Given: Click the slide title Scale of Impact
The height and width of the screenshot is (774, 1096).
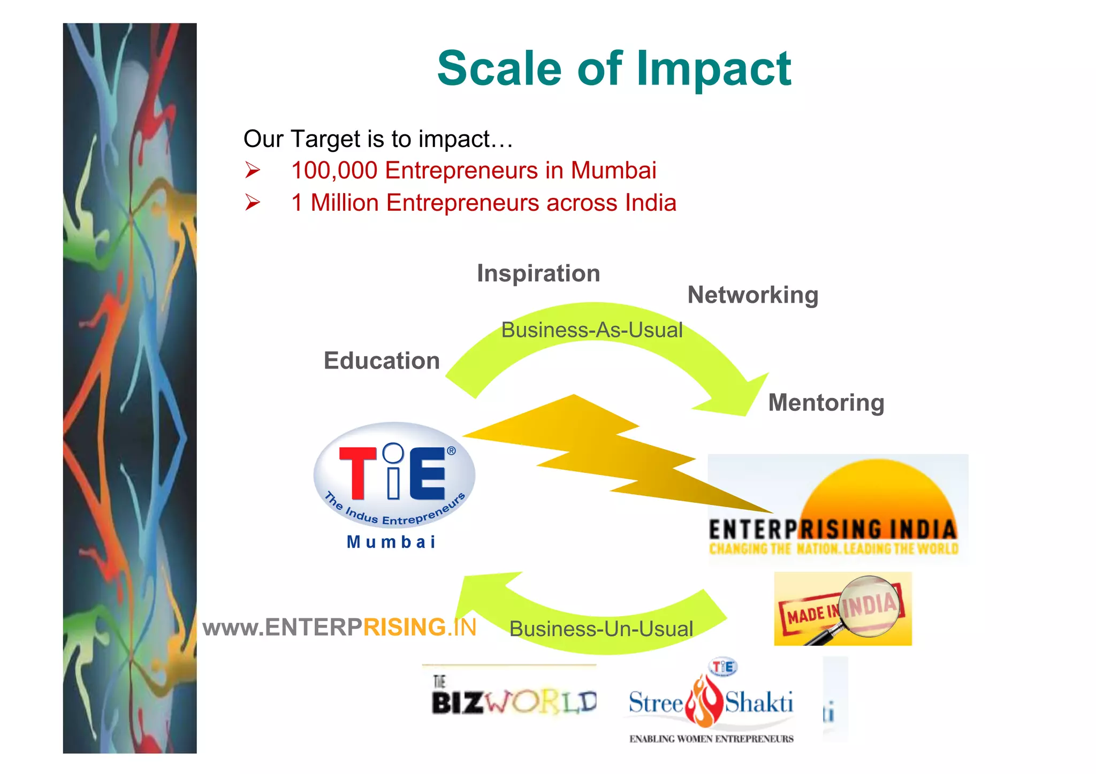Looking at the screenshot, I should click(x=614, y=68).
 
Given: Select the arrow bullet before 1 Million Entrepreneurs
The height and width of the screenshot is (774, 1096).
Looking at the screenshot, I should click(x=252, y=203).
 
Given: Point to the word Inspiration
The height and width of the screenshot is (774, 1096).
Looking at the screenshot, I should click(x=538, y=273).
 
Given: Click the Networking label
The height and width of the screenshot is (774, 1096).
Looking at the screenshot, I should click(x=752, y=295).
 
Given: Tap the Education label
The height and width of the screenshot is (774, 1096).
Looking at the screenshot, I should click(x=382, y=361).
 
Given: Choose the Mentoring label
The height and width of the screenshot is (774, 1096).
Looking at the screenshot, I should click(x=826, y=403).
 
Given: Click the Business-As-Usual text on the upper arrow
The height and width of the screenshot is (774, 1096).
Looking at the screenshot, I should click(x=592, y=330).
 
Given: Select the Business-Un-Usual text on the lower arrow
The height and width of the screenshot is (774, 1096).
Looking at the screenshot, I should click(x=601, y=629).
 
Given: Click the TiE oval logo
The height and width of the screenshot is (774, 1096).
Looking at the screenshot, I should click(x=394, y=474).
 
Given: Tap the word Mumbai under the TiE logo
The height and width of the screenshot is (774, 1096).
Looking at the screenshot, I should click(x=391, y=542).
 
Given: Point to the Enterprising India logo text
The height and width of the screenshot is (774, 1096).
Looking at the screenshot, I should click(x=833, y=530).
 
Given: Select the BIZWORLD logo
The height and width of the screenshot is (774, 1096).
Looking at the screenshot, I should click(x=514, y=701).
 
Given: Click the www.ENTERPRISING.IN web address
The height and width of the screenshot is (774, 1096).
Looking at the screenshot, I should click(x=339, y=627).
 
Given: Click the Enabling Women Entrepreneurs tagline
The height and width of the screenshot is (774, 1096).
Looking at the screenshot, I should click(x=711, y=739).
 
